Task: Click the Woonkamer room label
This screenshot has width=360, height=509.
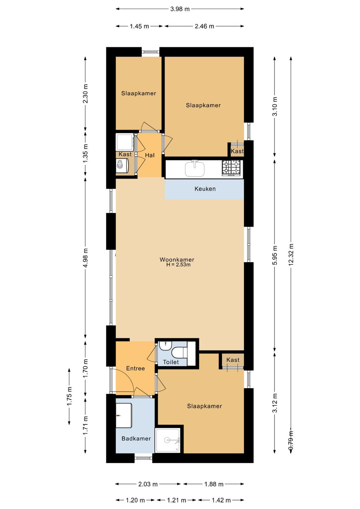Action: click(177, 260)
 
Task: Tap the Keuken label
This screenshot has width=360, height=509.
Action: click(205, 189)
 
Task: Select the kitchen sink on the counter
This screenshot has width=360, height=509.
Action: click(195, 169)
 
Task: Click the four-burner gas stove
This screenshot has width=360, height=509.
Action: click(231, 168)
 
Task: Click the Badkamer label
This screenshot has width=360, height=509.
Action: click(136, 439)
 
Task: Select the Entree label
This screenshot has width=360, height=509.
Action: click(135, 368)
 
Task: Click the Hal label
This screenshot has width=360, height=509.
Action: click(150, 155)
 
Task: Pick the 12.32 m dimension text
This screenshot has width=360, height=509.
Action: click(291, 254)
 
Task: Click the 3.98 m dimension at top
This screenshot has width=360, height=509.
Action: click(180, 9)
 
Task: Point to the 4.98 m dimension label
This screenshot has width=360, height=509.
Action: click(86, 258)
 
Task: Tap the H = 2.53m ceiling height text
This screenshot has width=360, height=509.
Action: click(178, 265)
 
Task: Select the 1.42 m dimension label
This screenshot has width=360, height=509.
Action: click(221, 500)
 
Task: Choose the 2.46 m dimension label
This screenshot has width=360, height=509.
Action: click(204, 26)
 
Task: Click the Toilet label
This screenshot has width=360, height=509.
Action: click(171, 362)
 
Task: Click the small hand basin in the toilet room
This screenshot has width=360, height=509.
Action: click(165, 345)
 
